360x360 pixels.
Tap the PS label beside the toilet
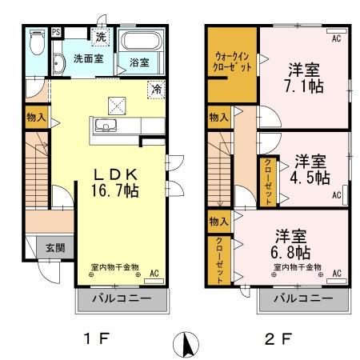pyautogui.click(x=55, y=33)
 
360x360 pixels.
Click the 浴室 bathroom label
pyautogui.click(x=138, y=62)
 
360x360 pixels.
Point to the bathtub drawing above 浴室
pyautogui.click(x=142, y=42)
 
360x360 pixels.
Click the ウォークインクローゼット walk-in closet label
pyautogui.click(x=232, y=63)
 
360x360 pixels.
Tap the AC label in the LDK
pyautogui.click(x=154, y=274)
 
